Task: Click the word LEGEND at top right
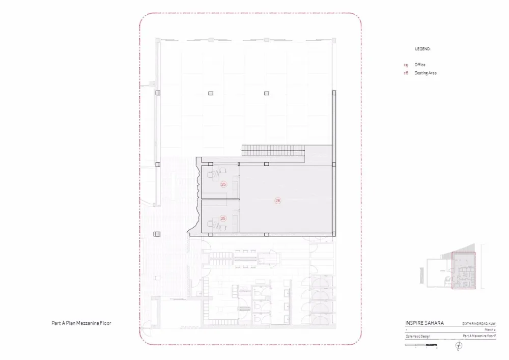point(423,49)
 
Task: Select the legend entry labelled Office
point(420,65)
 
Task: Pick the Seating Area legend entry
point(426,73)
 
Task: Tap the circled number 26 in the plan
point(278,201)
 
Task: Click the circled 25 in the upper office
point(223,185)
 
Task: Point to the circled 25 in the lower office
point(222,218)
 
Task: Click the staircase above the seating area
point(273,150)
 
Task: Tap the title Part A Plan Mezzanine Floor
point(81,323)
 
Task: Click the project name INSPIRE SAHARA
point(424,323)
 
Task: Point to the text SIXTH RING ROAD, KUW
point(478,323)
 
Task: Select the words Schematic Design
point(418,336)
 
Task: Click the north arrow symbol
point(459,346)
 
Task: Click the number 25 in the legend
point(406,65)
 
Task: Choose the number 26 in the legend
point(406,73)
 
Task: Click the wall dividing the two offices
point(220,200)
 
